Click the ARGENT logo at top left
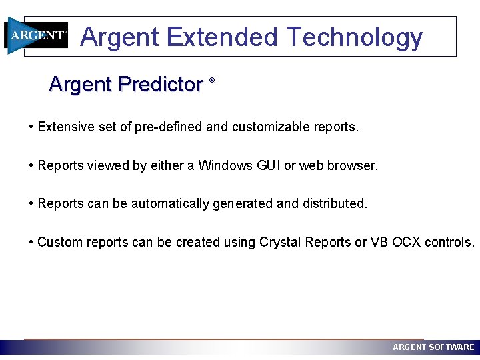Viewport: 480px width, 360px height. click(x=37, y=35)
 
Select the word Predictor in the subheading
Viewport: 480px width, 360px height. click(x=160, y=85)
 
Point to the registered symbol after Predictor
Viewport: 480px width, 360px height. click(x=212, y=80)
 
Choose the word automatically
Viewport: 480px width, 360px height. click(x=170, y=204)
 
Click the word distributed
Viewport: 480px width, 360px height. click(x=335, y=203)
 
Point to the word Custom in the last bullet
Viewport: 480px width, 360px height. click(x=58, y=242)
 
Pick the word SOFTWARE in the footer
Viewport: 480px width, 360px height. click(x=451, y=347)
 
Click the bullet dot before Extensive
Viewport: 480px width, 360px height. click(x=31, y=127)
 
